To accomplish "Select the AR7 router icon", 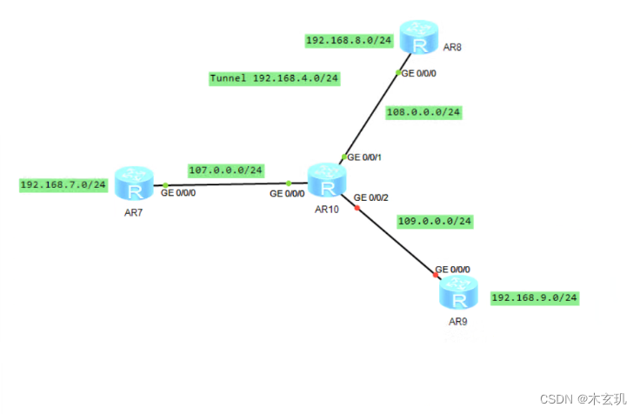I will click(x=133, y=185).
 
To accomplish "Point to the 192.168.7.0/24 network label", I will click(x=63, y=184).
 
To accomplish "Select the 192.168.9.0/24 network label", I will click(x=534, y=297).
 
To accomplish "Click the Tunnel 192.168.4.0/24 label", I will click(x=274, y=78).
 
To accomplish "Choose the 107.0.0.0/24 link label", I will click(x=225, y=170).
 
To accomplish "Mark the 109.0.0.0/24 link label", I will click(x=434, y=221).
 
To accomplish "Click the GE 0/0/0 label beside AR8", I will click(x=420, y=74).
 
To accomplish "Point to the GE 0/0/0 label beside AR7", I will click(x=178, y=192).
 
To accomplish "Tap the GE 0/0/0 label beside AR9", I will click(x=453, y=269).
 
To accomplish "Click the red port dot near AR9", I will click(x=436, y=276).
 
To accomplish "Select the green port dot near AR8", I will click(x=397, y=72).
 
